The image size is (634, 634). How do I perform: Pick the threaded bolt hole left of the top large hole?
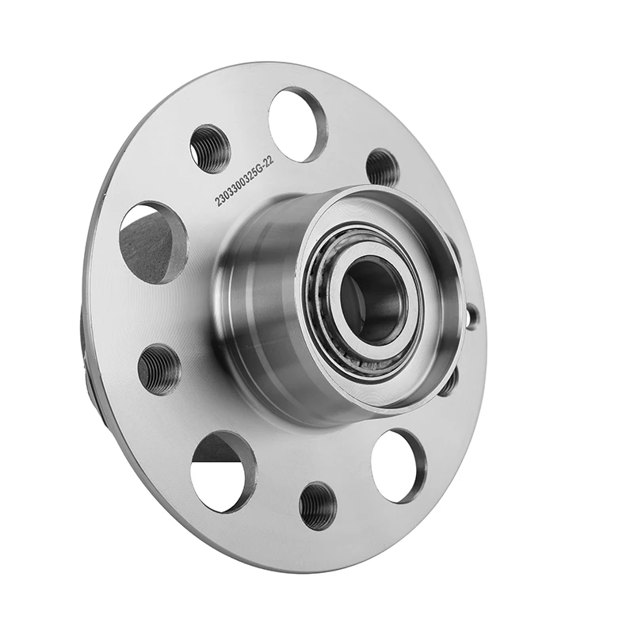coord(210,149)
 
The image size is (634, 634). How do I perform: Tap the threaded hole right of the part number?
coord(382,166)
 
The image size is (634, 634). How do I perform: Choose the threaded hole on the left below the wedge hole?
coord(158,369)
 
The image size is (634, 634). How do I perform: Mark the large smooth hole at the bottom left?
coord(223,472)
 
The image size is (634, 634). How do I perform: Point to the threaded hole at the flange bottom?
coord(318,506)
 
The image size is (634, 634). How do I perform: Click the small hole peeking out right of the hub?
coord(472,316)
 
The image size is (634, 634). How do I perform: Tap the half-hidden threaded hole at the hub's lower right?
coord(449,383)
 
